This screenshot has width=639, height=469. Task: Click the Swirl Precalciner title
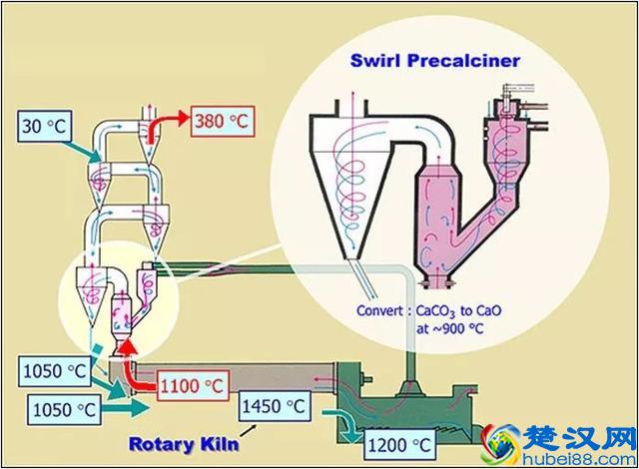click(434, 59)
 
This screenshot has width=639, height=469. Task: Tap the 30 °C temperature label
click(44, 127)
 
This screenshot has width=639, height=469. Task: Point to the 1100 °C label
click(189, 381)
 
